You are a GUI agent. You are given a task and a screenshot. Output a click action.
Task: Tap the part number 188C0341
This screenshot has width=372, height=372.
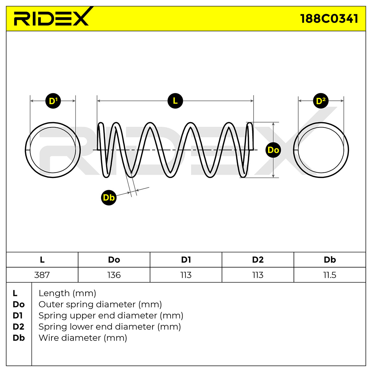coord(329,19)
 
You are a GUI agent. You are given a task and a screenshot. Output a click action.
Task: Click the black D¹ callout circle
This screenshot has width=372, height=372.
coord(53,101)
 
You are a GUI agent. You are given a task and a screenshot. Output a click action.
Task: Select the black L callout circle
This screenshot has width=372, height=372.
coord(175,101)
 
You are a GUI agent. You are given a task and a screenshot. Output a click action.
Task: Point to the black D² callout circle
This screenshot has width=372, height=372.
coord(321,101)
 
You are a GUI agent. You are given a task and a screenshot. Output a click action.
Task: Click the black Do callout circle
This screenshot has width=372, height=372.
coord(273,150)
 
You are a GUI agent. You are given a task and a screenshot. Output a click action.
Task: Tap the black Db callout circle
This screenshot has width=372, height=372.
coord(109,197)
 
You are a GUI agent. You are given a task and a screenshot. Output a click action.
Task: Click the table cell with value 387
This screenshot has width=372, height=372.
coord(42,275)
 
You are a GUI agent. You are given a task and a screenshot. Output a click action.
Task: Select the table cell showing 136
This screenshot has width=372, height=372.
coord(114,275)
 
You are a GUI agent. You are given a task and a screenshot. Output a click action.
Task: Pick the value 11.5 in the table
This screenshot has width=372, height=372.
coord(330,275)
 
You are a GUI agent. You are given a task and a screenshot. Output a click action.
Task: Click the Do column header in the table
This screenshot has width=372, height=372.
coord(114,260)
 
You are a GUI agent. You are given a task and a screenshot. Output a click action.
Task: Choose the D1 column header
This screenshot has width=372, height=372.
coord(186,260)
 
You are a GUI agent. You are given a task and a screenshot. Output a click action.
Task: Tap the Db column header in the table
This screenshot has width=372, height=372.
coord(330,260)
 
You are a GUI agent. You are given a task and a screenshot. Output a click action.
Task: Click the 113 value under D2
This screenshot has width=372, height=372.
coord(258,275)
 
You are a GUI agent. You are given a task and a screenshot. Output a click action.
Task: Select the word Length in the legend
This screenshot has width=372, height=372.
coord(54,294)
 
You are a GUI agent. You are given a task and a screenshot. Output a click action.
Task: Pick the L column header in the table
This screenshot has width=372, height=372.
coord(42,260)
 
